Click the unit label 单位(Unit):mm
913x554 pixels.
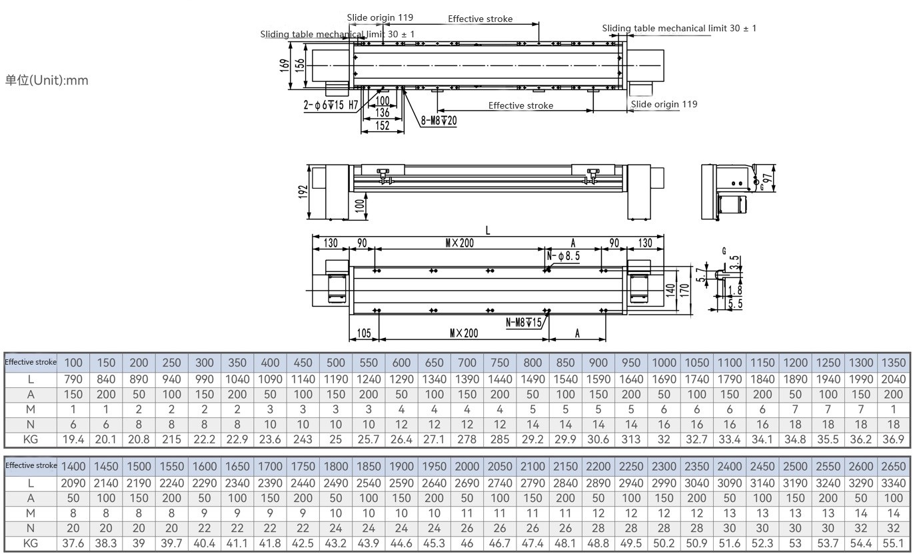coord(47,81)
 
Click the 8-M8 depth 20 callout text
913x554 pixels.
coord(439,121)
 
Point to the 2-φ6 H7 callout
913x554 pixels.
coord(331,105)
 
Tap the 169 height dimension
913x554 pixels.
coord(285,65)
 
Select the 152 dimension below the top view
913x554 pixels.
coord(383,125)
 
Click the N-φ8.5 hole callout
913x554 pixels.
coord(563,255)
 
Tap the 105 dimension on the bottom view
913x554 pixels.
coord(364,333)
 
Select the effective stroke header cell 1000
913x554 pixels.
coord(664,363)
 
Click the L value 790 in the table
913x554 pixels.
coord(73,379)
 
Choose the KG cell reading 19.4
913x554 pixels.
coord(73,439)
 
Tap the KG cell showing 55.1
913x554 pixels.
coord(893,543)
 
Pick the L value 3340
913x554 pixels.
coord(893,483)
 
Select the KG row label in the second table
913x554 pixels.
coord(31,543)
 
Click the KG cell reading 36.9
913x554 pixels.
coord(893,439)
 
